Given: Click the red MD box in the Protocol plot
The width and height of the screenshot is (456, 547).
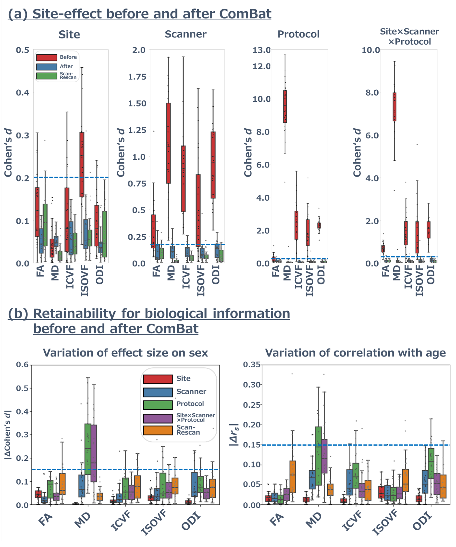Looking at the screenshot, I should pyautogui.click(x=285, y=106).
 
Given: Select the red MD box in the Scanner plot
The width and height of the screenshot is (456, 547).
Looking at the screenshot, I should pyautogui.click(x=169, y=143).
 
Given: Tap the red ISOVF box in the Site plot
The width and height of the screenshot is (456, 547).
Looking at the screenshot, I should pyautogui.click(x=82, y=164).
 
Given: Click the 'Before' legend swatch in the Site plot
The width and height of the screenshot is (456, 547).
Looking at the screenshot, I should pyautogui.click(x=47, y=57).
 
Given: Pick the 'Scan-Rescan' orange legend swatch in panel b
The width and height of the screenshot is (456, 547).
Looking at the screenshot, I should pyautogui.click(x=158, y=430).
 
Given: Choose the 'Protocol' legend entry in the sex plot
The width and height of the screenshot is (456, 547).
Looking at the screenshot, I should pyautogui.click(x=190, y=404).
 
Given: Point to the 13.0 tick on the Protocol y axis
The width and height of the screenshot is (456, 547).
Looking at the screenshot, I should pyautogui.click(x=262, y=50).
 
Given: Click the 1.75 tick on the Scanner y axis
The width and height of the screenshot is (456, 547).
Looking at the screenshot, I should pyautogui.click(x=137, y=77).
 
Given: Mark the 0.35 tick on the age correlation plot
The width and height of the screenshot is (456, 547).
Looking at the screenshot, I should pyautogui.click(x=252, y=365).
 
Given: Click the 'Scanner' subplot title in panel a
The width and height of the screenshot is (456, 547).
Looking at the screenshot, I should pyautogui.click(x=186, y=34).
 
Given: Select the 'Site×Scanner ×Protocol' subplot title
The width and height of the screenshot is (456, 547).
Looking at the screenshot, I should pyautogui.click(x=409, y=37).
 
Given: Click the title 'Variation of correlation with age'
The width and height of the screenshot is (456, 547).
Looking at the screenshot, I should pyautogui.click(x=356, y=353).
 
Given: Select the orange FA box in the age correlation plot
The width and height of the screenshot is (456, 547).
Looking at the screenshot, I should pyautogui.click(x=293, y=477).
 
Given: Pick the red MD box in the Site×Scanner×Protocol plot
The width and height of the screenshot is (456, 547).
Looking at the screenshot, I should pyautogui.click(x=395, y=107).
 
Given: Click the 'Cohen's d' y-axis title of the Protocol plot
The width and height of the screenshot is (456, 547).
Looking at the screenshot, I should pyautogui.click(x=248, y=152).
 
